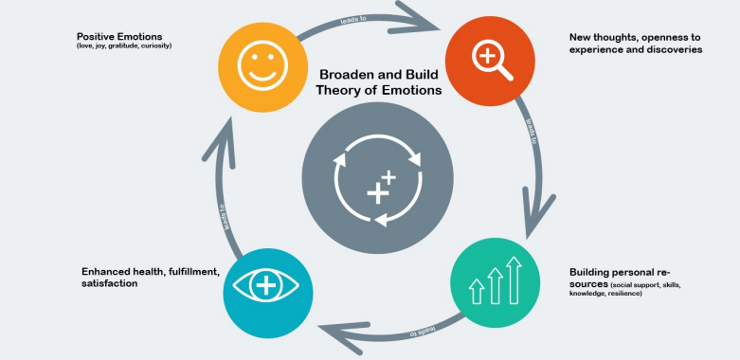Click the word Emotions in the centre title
click(x=413, y=91)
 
